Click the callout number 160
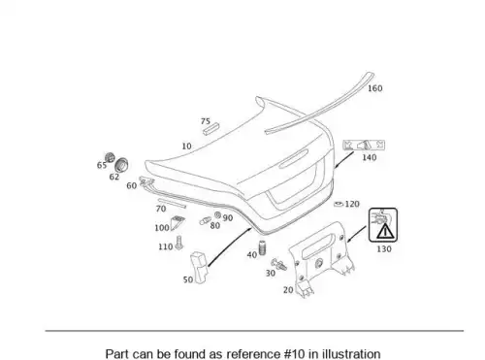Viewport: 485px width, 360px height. (375, 88)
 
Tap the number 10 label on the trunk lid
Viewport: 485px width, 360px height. (186, 147)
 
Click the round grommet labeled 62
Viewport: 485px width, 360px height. (121, 165)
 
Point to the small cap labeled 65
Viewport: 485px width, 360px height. (110, 157)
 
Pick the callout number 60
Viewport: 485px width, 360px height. (131, 186)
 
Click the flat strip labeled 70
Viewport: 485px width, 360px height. (172, 204)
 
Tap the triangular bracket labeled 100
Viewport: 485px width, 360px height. (178, 222)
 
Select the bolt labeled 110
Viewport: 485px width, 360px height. (178, 243)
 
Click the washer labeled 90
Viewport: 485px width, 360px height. (217, 215)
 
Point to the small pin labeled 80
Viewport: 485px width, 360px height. (205, 221)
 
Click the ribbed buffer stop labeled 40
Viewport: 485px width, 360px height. (262, 247)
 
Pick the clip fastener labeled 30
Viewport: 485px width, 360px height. (278, 265)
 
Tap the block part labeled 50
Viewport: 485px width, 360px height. (199, 267)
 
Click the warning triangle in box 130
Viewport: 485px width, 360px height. (385, 231)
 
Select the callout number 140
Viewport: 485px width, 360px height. (369, 157)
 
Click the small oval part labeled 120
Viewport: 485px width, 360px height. (339, 204)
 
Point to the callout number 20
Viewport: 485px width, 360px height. (288, 290)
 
